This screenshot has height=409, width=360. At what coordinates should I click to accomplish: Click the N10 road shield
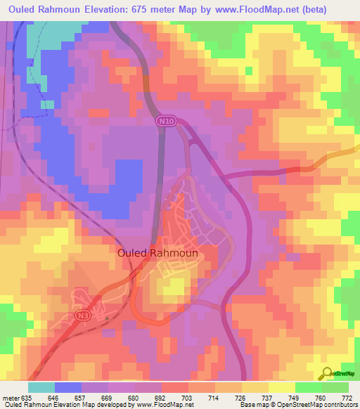coord(166,122)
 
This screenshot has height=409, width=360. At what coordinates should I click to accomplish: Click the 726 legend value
coord(241,397)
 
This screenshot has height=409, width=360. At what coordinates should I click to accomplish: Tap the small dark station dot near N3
coord(106,318)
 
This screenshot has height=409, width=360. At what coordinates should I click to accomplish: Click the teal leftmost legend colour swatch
coord(41,387)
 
